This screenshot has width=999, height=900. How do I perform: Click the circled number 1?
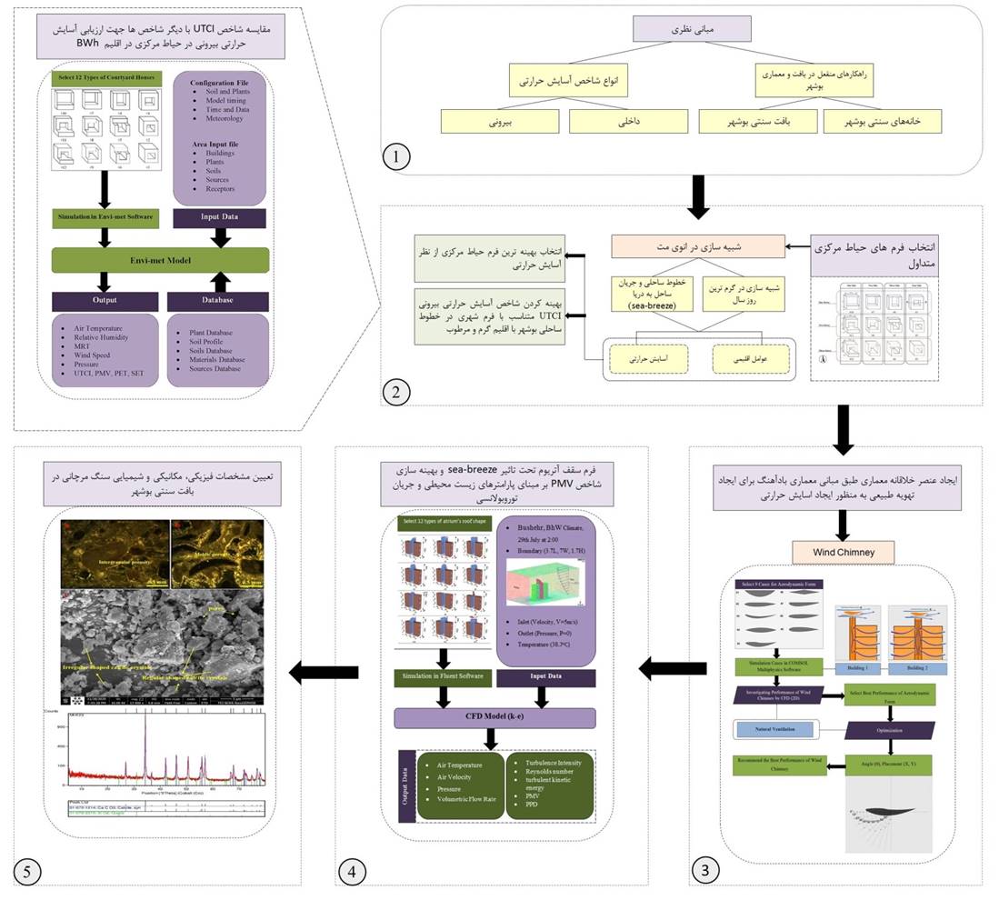tap(395, 157)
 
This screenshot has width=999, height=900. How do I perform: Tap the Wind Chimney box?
tap(844, 551)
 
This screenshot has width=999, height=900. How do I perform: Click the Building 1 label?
tap(853, 667)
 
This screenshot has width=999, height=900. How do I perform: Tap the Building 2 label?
tap(917, 667)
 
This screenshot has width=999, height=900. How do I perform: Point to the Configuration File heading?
tap(219, 83)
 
